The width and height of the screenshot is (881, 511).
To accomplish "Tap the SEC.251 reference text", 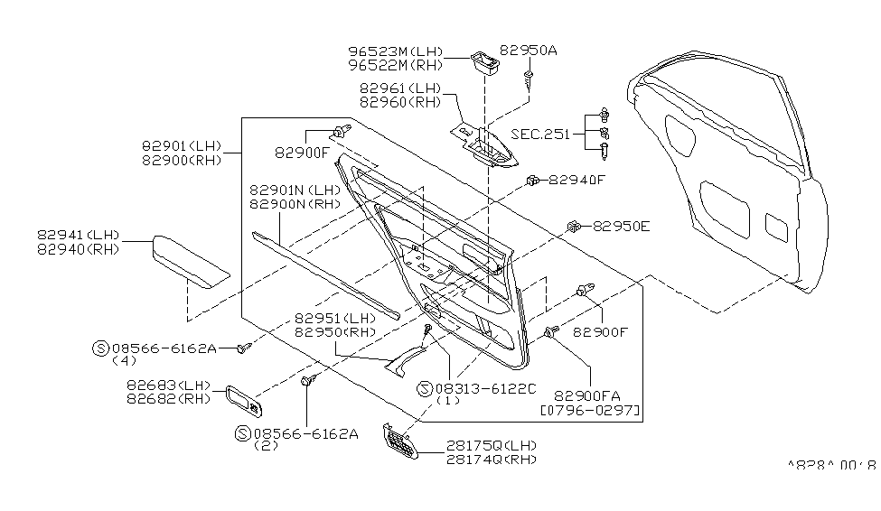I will coord(540,134).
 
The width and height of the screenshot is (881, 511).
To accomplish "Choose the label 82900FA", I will coord(586,395).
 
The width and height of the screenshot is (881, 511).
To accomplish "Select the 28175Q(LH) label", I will coord(490,445).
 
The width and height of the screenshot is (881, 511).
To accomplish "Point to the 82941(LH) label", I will coord(79,234).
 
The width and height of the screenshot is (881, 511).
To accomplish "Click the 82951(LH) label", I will coord(335,318).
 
